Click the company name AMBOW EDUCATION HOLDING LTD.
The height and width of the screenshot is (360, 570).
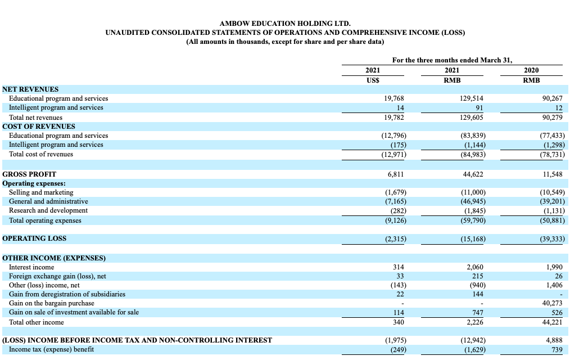285,23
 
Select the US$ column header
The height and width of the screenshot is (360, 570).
373,80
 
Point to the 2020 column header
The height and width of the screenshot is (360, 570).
531,70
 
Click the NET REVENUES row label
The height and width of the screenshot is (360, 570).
30,89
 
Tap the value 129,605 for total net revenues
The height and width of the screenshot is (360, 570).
471,117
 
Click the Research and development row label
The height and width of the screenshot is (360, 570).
48,210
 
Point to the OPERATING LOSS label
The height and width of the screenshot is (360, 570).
34,238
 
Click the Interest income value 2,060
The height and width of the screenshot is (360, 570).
474,267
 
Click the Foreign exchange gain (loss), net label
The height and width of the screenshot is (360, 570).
57,276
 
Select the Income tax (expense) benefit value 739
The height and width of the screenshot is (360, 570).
556,350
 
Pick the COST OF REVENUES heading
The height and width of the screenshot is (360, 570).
39,126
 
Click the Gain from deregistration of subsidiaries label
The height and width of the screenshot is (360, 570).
67,294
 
